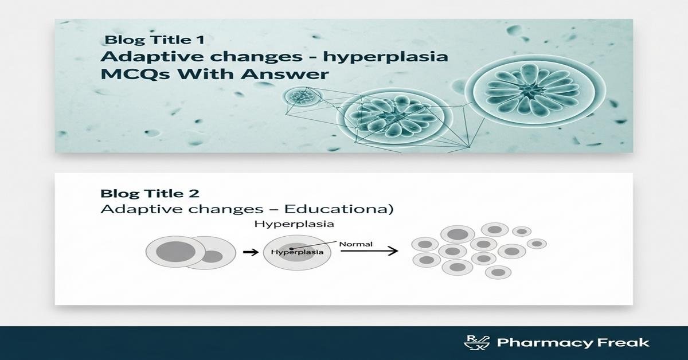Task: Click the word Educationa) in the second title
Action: coord(343,209)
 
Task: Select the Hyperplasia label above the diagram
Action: coord(294,224)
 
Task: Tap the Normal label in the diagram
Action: coord(355,244)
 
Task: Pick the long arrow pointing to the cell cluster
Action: coord(367,251)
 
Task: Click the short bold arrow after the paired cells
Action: coord(249,251)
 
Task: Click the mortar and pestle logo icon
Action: coord(474,343)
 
